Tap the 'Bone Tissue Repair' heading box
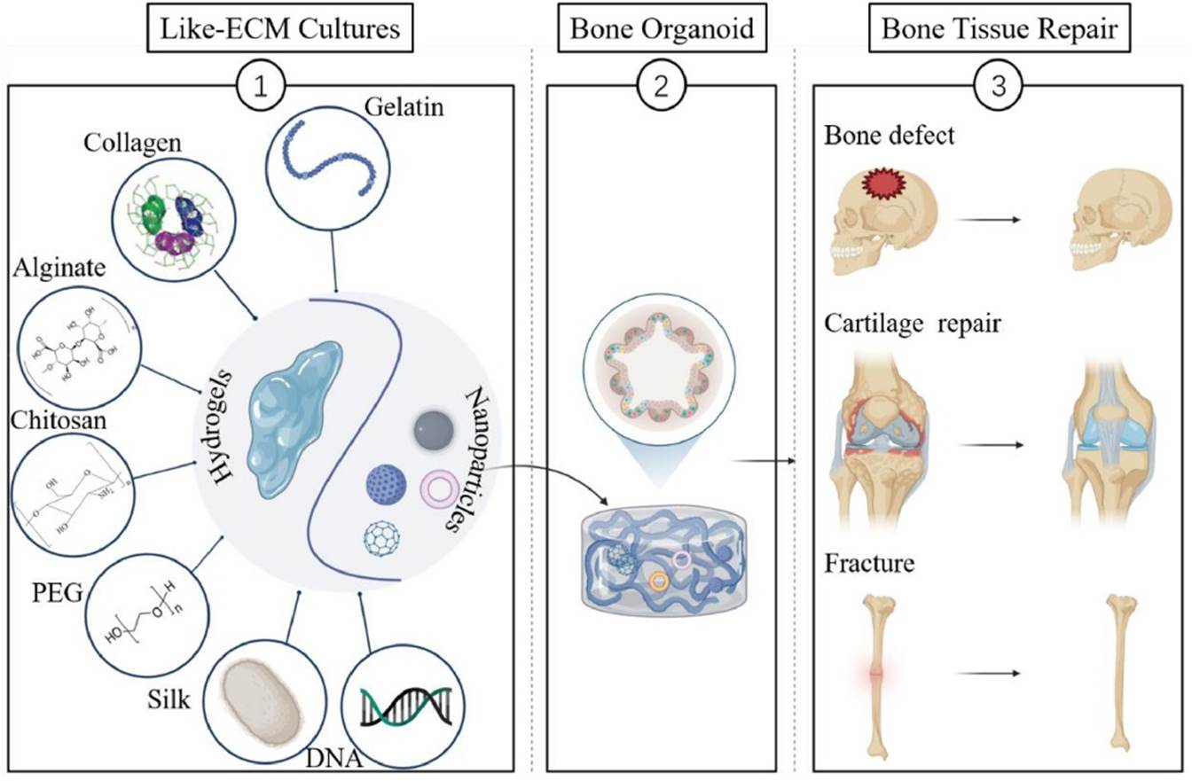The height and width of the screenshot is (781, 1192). coord(999,28)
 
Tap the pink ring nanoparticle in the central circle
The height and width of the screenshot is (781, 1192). coord(437,488)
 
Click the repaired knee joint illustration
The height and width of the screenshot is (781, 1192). coord(1114,434)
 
